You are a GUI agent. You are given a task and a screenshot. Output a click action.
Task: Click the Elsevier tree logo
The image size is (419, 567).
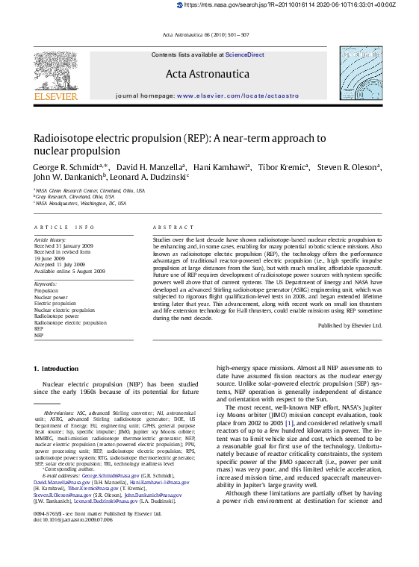pos(55,69)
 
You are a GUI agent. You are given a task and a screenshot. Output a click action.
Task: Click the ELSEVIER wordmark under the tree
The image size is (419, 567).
pos(55,96)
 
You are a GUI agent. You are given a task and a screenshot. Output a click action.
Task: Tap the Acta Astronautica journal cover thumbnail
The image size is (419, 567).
pos(361,73)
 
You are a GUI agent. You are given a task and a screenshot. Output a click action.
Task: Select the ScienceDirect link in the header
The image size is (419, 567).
pos(245,54)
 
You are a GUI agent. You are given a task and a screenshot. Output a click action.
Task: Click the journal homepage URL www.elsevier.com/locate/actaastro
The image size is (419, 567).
pos(236,96)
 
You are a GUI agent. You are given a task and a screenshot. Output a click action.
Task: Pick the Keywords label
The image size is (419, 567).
pos(46,284)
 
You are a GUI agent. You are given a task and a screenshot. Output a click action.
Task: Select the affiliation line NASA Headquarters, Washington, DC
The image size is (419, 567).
pos(81,203)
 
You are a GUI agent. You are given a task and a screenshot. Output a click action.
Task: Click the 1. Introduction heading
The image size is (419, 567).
pos(56,369)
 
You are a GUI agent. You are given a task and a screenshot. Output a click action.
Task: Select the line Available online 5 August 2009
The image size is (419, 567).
pos(69,271)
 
